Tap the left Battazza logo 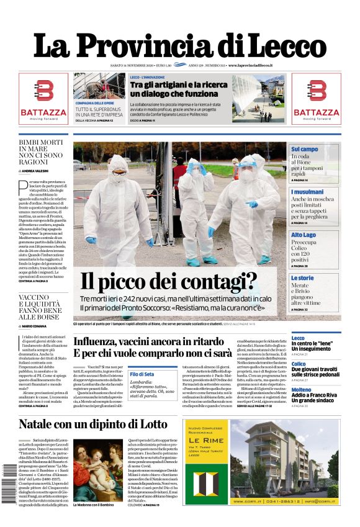point(43,99)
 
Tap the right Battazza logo point(317,99)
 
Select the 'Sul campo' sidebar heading point(304,149)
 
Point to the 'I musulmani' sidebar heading point(307,192)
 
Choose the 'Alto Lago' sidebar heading point(304,235)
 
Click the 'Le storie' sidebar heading point(302,278)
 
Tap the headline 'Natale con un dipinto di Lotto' point(93,425)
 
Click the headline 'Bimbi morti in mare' point(41,151)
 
